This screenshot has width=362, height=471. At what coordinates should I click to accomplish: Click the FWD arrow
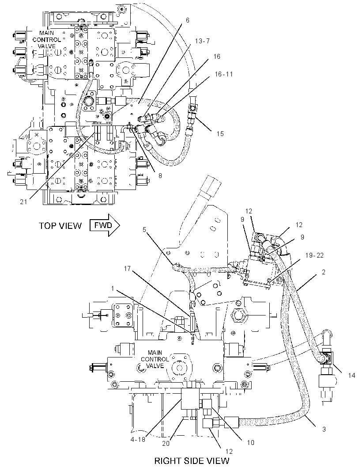coord(105,225)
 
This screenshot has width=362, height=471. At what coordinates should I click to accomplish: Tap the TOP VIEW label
coord(60,226)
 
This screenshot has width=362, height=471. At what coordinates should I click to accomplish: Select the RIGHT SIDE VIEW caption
coord(192,461)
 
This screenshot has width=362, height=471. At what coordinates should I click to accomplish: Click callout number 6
coord(188,20)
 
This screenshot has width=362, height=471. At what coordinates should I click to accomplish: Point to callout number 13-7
coord(202,41)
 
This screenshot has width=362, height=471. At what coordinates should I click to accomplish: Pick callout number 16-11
coord(224,74)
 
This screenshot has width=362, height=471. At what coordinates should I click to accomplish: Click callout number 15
coord(220,134)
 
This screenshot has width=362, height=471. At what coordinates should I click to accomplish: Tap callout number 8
coord(160,176)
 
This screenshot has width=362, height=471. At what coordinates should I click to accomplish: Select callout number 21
coord(23,202)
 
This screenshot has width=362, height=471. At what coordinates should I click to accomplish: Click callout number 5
coord(144,230)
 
